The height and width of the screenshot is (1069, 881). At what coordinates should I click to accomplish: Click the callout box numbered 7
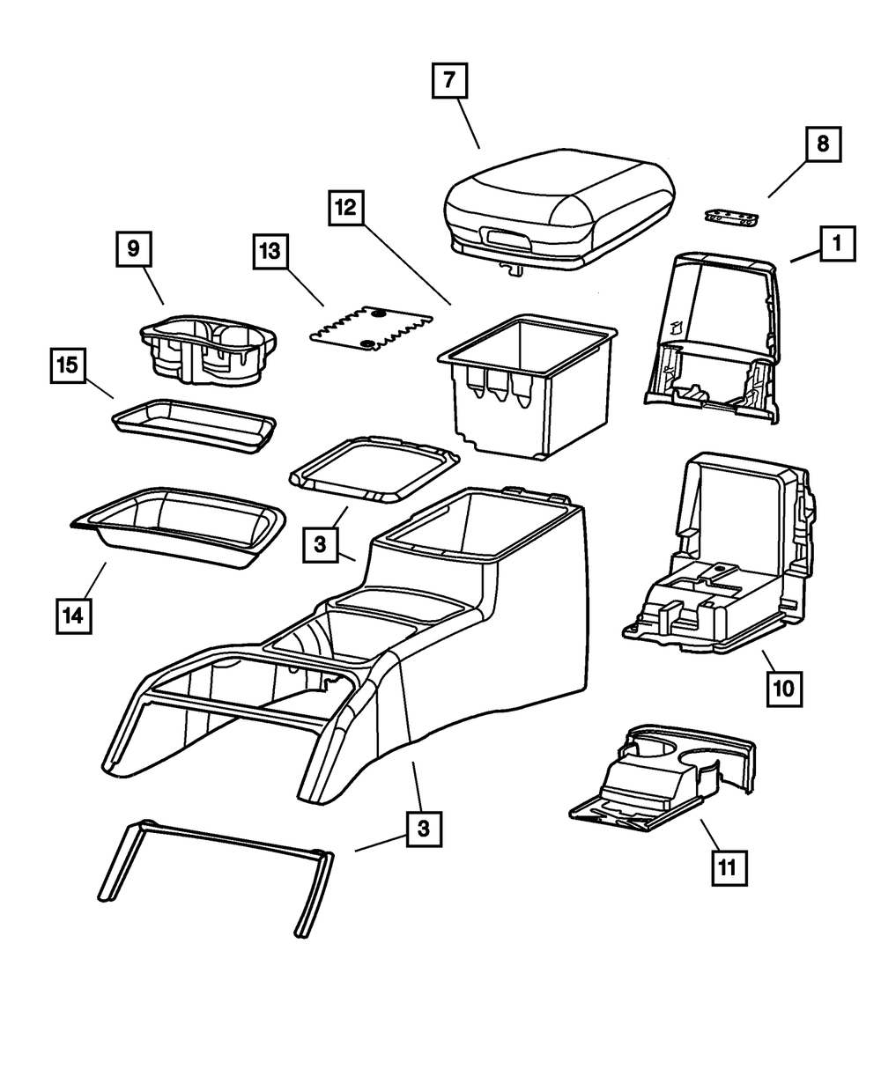click(449, 83)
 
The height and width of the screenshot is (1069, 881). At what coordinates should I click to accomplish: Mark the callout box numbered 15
click(67, 366)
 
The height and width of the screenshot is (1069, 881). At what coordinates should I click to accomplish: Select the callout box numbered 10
click(784, 687)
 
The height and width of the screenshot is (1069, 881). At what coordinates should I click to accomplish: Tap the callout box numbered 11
click(726, 867)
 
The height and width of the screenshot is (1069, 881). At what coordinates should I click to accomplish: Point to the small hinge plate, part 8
click(732, 216)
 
